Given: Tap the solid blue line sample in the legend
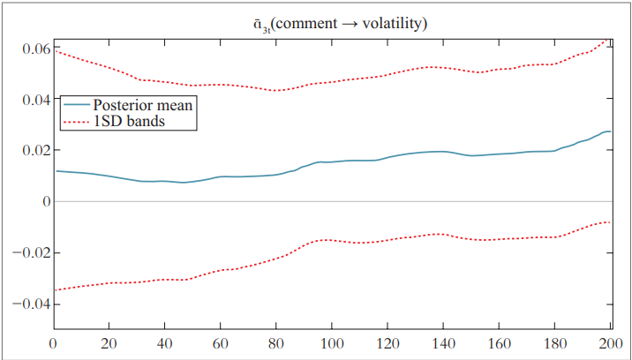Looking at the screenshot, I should pos(75,105).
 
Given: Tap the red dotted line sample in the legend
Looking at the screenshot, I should pos(75,121).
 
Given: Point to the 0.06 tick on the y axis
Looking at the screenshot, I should pos(29,49).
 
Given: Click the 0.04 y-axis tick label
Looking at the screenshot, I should pos(29,100).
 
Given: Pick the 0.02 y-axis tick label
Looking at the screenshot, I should pos(29,151).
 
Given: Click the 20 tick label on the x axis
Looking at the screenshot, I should pos(109,344).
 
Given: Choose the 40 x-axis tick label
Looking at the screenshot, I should pos(164,344).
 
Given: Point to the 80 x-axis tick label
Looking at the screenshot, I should pos(275,344).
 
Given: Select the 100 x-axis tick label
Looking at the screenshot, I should pos(332,344).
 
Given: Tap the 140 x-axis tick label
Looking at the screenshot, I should pos(443,344).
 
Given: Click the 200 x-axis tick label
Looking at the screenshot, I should pos(609,344).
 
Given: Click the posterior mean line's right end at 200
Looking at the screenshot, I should pos(610,131).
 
